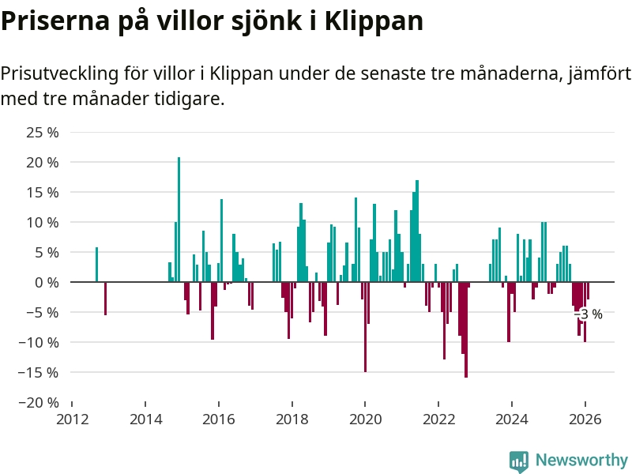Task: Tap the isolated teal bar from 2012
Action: pos(96,265)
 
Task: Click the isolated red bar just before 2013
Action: pos(105,298)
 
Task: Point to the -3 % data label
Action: pos(589,314)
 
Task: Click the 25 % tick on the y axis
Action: pos(43,132)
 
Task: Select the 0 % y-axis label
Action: pos(47,282)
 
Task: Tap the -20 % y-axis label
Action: pos(39,402)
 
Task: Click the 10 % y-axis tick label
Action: pos(43,222)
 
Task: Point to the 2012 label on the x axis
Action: pos(72,419)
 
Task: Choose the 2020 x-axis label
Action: pos(365,419)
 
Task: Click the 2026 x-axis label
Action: pos(585,419)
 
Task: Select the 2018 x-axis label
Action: pos(292,419)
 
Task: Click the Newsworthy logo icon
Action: pos(518,461)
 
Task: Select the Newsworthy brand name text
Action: pos(581,460)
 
